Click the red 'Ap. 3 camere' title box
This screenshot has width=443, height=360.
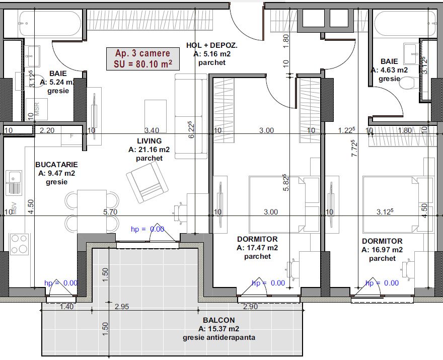(143, 58)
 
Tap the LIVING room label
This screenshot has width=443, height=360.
(150, 140)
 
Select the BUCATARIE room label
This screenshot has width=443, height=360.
(56, 165)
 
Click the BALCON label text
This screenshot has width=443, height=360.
(218, 320)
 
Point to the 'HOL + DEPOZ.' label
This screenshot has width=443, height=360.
(212, 45)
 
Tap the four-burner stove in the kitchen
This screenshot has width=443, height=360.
(19, 244)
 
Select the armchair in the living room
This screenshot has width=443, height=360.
(147, 183)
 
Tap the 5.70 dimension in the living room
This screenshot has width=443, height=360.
(110, 212)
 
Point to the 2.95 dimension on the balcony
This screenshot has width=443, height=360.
(122, 307)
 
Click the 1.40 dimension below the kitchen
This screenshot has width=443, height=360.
(66, 307)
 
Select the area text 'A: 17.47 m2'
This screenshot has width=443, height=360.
(257, 248)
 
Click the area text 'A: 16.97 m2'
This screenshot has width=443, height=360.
(382, 250)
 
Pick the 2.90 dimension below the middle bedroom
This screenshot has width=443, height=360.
(250, 307)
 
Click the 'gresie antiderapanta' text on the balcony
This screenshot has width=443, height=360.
(219, 337)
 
